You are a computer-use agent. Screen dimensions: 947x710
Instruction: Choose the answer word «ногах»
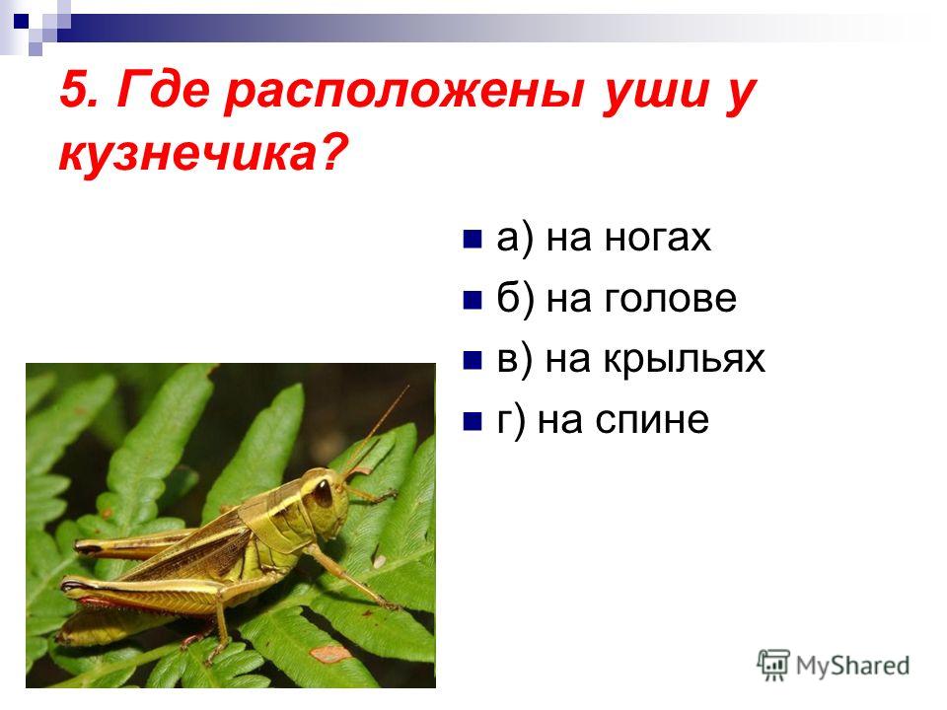pyautogui.click(x=657, y=238)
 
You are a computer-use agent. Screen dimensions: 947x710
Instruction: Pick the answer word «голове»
pyautogui.click(x=671, y=298)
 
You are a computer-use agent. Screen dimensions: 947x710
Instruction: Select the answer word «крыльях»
pyautogui.click(x=684, y=360)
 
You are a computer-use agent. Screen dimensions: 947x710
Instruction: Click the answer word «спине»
pyautogui.click(x=652, y=420)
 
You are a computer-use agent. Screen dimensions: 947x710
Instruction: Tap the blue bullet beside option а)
pyautogui.click(x=473, y=239)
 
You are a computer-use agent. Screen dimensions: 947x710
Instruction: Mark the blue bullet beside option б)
pyautogui.click(x=473, y=300)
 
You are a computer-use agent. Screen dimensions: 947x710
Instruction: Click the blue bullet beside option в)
pyautogui.click(x=473, y=361)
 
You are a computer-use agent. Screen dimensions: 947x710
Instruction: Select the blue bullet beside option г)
pyautogui.click(x=473, y=421)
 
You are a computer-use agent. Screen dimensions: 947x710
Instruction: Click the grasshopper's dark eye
pyautogui.click(x=324, y=492)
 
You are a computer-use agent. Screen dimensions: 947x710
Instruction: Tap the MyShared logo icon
pyautogui.click(x=773, y=666)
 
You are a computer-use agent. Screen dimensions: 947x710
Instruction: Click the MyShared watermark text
pyautogui.click(x=852, y=667)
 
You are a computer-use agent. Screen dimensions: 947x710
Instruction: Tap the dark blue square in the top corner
pyautogui.click(x=21, y=22)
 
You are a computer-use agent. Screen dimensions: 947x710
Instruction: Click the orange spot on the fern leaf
pyautogui.click(x=330, y=653)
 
